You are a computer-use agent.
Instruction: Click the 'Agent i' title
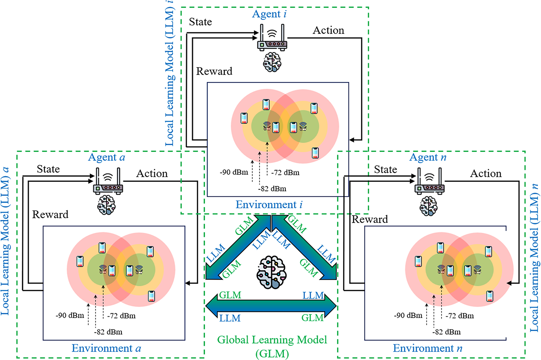(269, 14)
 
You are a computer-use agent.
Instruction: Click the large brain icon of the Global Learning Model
(272, 272)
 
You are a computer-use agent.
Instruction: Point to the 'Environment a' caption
(106, 348)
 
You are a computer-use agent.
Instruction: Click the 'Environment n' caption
(427, 348)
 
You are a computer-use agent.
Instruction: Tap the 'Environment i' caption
(269, 204)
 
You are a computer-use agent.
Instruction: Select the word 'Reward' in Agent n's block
(370, 219)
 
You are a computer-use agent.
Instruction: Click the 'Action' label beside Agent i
(328, 31)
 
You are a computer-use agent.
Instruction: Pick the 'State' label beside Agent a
(48, 169)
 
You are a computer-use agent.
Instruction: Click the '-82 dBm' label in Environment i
(272, 189)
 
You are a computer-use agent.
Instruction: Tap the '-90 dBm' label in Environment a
(70, 316)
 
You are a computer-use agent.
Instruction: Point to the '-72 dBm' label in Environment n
(460, 316)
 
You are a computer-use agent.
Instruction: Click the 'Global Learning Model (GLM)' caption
(272, 347)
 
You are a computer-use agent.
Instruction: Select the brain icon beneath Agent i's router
(272, 62)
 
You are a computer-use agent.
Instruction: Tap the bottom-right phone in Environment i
(315, 153)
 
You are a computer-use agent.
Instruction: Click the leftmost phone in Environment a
(80, 261)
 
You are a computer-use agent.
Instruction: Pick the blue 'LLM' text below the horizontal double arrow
(230, 318)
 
